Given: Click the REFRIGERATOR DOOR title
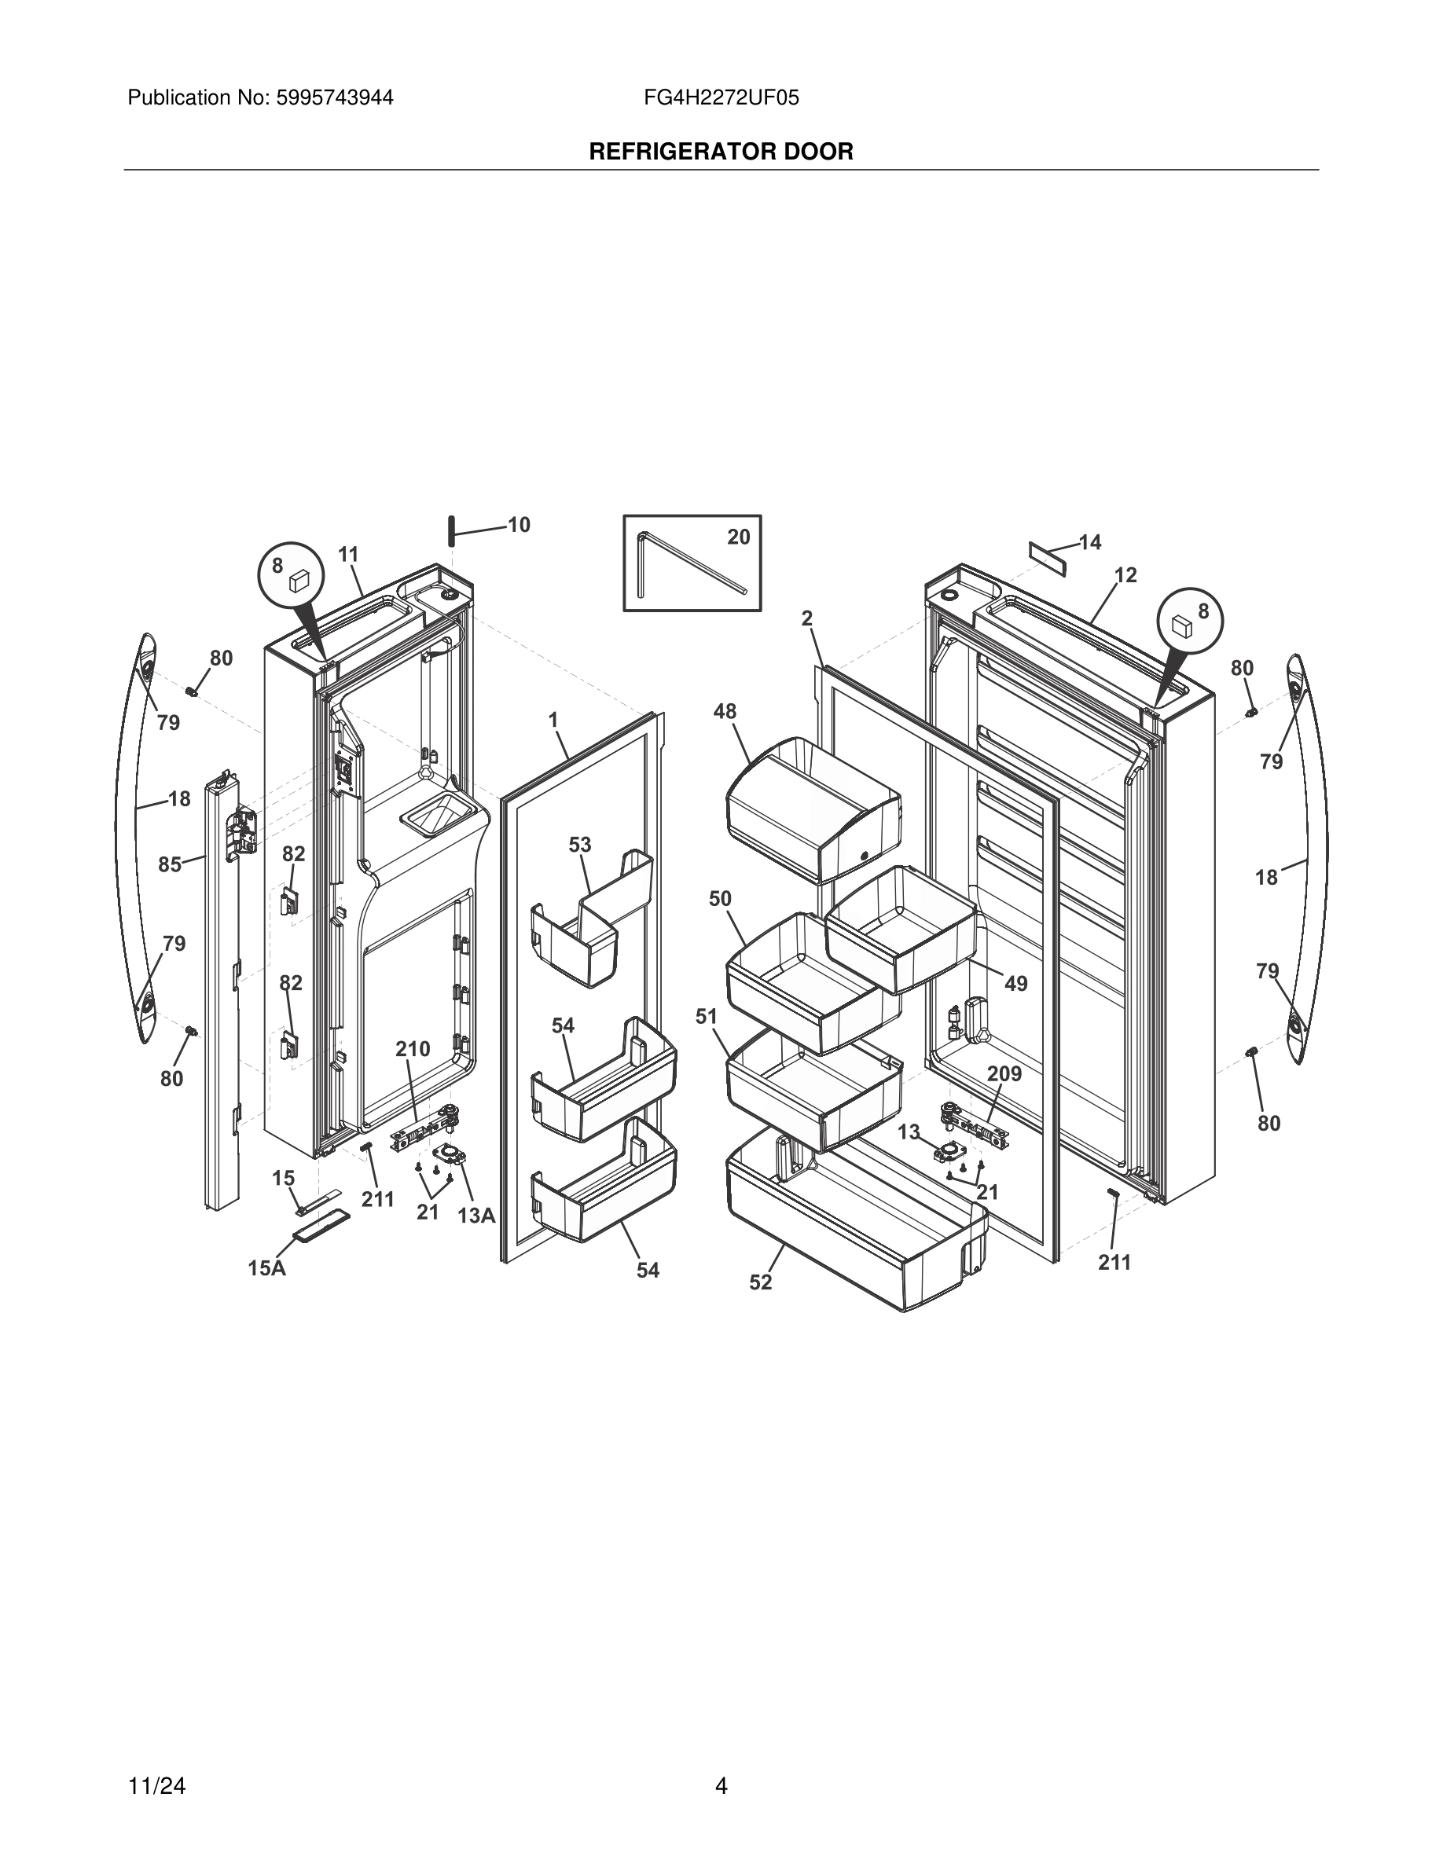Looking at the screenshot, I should [x=721, y=152].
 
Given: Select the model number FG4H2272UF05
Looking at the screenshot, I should [x=721, y=98].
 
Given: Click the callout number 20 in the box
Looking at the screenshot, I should [x=738, y=537].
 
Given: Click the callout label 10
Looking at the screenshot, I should [x=519, y=525].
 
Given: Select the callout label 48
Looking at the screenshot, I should [x=725, y=711].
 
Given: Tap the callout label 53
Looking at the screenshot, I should [x=579, y=845].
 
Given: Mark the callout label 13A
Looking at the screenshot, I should [x=476, y=1215].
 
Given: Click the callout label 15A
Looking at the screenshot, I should [x=266, y=1267].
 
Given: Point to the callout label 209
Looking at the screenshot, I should [x=1004, y=1073].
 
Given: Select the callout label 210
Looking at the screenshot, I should [x=412, y=1049].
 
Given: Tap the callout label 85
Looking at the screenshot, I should [x=169, y=864].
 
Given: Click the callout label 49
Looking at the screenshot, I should [x=1015, y=984].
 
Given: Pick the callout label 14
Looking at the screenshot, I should [x=1090, y=542].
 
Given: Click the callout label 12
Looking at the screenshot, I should [x=1125, y=575].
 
